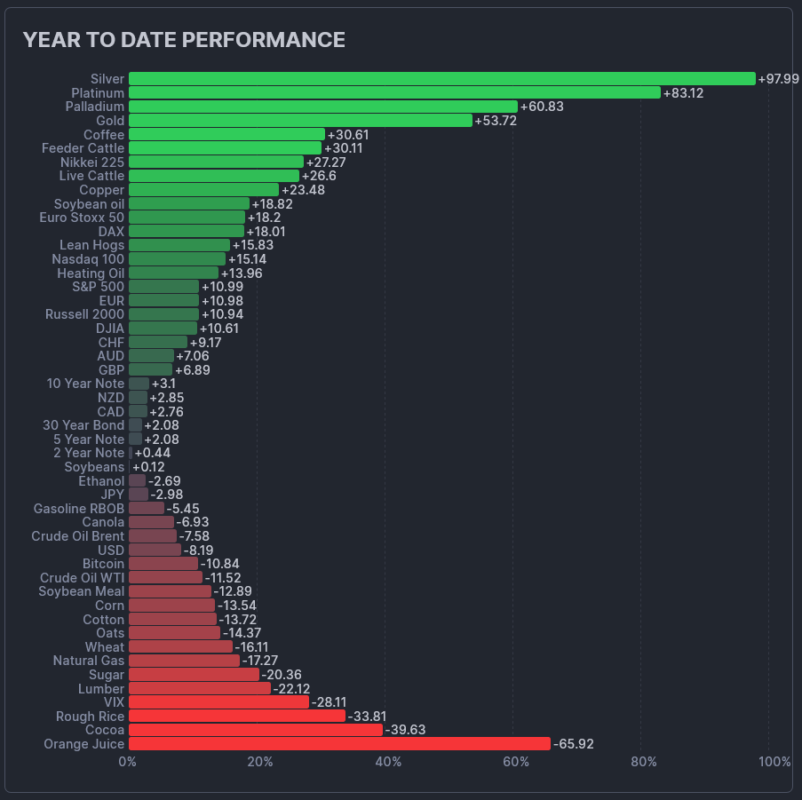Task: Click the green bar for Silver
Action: [x=441, y=79]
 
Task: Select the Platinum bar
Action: [x=394, y=92]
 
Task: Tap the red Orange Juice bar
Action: [x=339, y=744]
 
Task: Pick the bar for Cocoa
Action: [x=256, y=730]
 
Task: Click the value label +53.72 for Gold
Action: [x=496, y=121]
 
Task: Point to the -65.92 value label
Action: [x=574, y=744]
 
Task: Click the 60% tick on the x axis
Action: [x=515, y=762]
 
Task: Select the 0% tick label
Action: [x=128, y=762]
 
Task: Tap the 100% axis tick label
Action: [x=775, y=762]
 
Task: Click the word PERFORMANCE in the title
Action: [x=268, y=40]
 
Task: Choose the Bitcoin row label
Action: [x=103, y=564]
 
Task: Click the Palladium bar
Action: [x=322, y=107]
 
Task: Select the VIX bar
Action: [x=218, y=702]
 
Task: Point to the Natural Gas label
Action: [x=89, y=661]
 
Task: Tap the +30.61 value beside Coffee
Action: [x=348, y=135]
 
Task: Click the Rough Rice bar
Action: [x=237, y=716]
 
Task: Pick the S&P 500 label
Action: [x=98, y=287]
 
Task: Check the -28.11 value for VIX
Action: [x=330, y=702]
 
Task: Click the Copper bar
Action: [x=203, y=190]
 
